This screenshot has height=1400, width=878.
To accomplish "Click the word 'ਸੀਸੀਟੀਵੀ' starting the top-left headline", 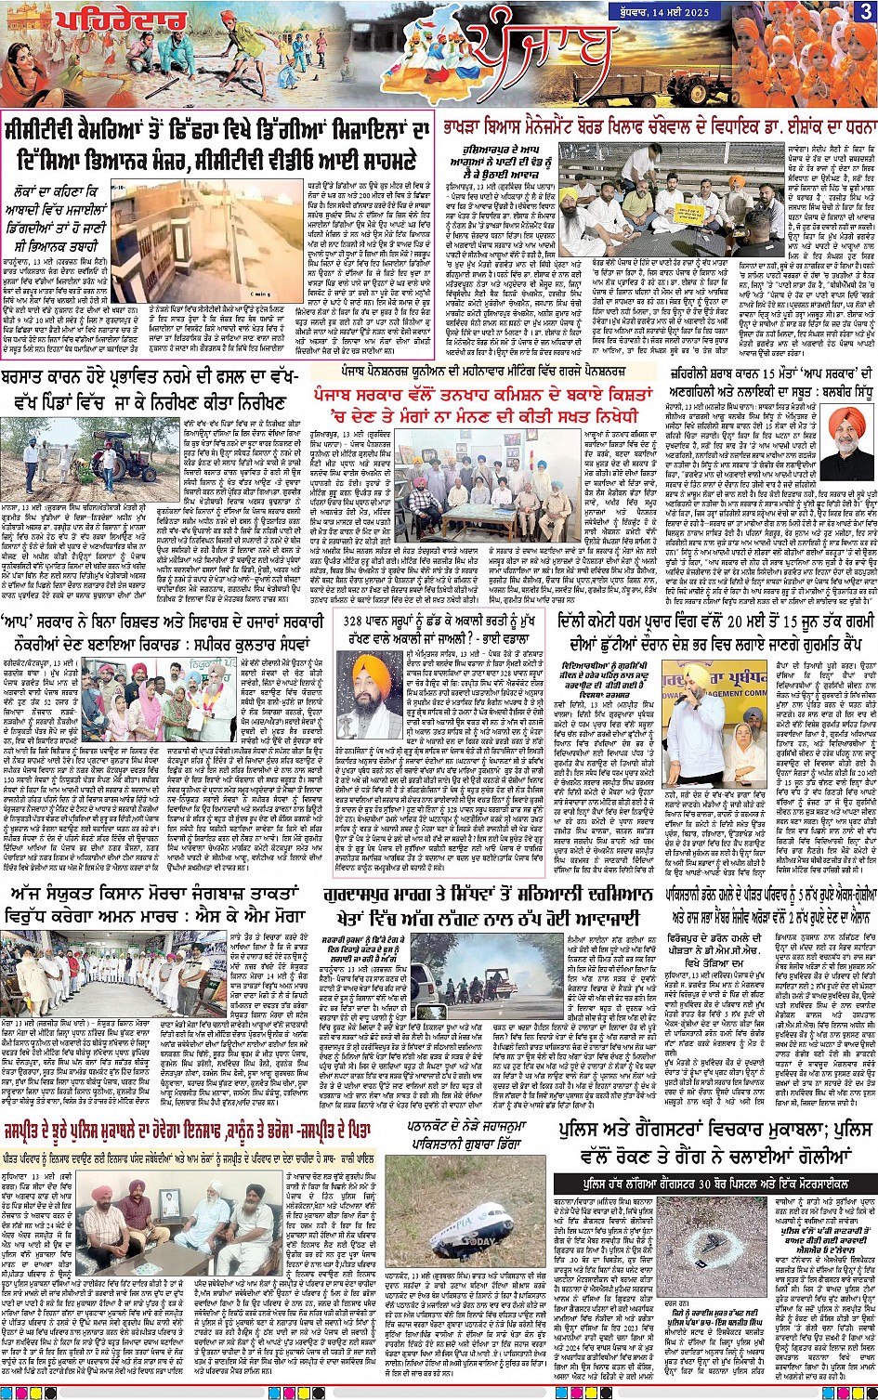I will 51,130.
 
